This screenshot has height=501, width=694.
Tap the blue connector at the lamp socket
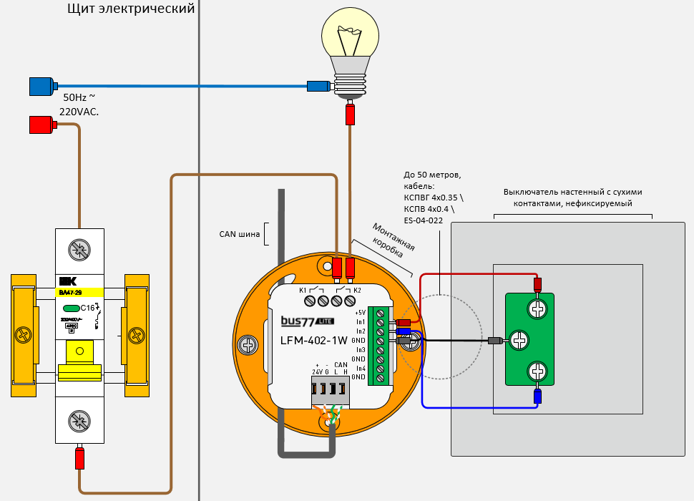(x=318, y=87)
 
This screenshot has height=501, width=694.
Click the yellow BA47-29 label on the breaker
(x=79, y=292)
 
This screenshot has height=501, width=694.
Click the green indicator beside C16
(x=70, y=308)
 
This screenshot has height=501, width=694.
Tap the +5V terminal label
(x=360, y=313)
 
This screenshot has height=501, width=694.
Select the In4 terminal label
(x=360, y=368)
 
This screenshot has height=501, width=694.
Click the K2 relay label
(x=357, y=291)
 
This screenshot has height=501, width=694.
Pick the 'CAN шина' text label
(x=240, y=234)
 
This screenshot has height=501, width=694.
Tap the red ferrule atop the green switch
(x=537, y=283)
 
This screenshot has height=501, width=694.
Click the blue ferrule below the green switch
(x=537, y=396)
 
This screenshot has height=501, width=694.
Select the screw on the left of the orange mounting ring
(x=249, y=345)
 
